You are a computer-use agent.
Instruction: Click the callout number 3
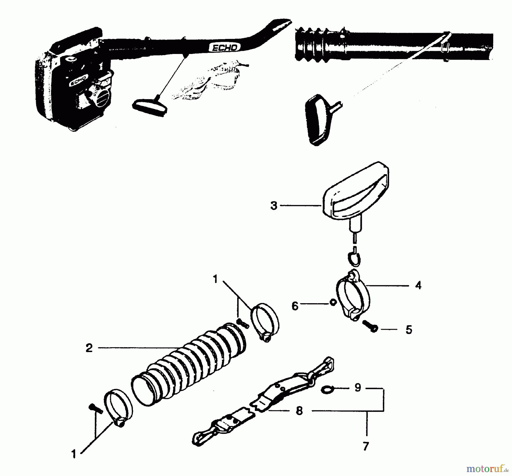[x=274, y=205]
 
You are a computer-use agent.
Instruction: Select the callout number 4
[x=418, y=285]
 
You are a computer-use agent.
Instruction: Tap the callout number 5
[x=409, y=330]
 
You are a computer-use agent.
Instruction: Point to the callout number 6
[x=295, y=306]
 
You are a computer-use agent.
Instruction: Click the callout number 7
[x=366, y=446]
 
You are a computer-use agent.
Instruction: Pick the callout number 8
[x=299, y=411]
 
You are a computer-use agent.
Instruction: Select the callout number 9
[x=358, y=387]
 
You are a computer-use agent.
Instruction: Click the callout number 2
[x=89, y=348]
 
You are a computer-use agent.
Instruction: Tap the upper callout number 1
[x=215, y=279]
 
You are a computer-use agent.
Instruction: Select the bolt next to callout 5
[x=370, y=326]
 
